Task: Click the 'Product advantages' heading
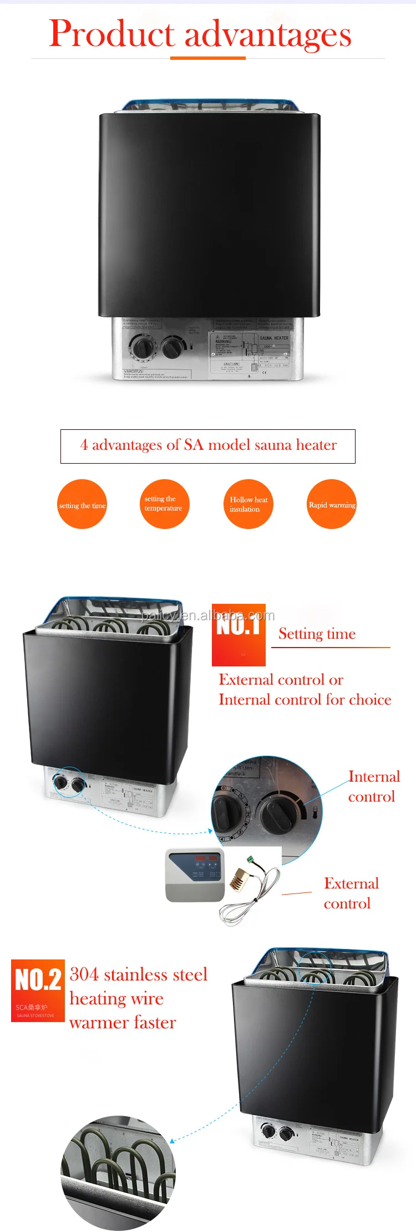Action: [200, 34]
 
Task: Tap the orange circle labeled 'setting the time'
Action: [82, 504]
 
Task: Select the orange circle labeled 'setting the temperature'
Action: [164, 504]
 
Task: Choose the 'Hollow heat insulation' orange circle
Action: [248, 504]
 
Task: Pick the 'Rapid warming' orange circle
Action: [332, 504]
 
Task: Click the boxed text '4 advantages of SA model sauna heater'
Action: [208, 445]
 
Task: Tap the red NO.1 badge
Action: [239, 634]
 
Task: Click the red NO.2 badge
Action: [38, 990]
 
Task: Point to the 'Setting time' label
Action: [317, 634]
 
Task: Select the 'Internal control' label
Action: [373, 787]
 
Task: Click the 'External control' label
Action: [351, 893]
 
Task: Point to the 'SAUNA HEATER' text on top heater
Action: [274, 337]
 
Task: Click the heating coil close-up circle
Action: [118, 1172]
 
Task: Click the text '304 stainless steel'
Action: [139, 974]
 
